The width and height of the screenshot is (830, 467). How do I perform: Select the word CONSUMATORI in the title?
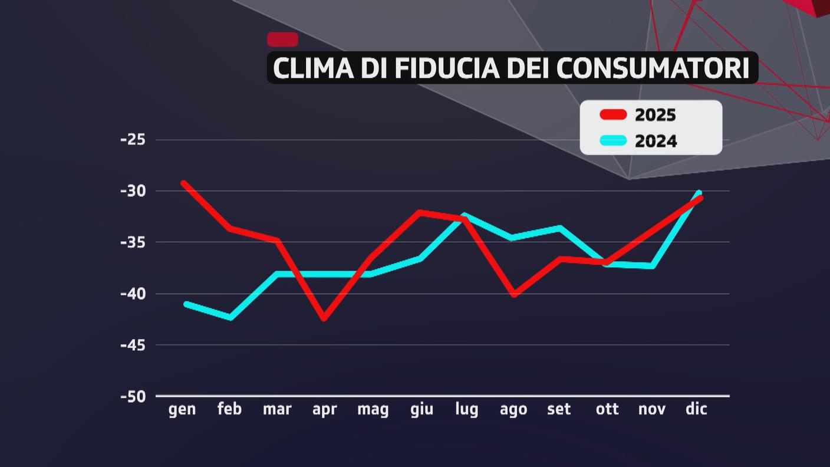click(x=653, y=68)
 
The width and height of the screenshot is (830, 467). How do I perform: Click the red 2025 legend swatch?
click(x=613, y=114)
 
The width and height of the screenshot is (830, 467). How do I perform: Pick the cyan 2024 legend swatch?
click(x=613, y=141)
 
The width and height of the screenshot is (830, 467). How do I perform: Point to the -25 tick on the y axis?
click(x=133, y=140)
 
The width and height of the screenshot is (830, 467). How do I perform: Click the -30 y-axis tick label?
click(x=133, y=191)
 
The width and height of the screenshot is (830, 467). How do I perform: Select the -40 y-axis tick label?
click(x=133, y=294)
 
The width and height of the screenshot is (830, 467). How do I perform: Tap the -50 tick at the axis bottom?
click(x=133, y=396)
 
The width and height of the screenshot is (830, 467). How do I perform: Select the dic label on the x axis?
click(x=696, y=409)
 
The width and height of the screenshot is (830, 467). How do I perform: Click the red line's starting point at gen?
click(x=183, y=183)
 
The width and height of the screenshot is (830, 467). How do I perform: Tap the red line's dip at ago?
click(x=513, y=294)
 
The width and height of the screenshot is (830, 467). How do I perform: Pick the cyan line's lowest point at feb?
click(x=230, y=318)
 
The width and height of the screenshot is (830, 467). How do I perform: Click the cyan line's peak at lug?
click(x=465, y=215)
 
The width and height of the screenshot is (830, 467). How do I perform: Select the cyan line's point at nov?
click(x=653, y=267)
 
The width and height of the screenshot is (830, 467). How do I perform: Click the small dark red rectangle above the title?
click(x=282, y=40)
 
